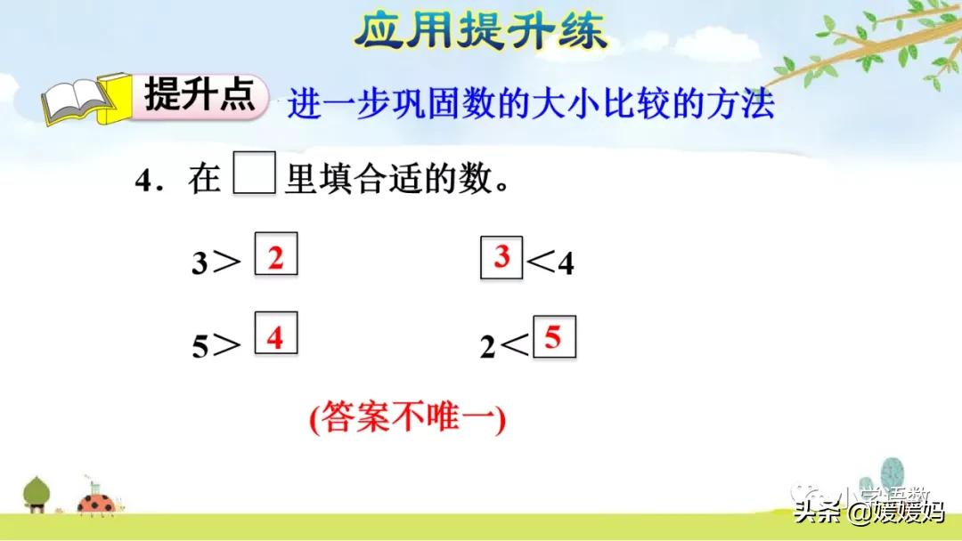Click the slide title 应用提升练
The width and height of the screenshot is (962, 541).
point(480,31)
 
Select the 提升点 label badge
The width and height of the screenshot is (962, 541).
point(200,95)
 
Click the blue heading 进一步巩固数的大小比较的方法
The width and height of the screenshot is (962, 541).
point(530,105)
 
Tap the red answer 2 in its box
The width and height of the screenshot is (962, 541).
point(276,258)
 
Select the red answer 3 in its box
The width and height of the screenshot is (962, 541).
point(501,258)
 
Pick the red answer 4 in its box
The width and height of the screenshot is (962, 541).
point(276,338)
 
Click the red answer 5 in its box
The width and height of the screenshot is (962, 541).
point(554,338)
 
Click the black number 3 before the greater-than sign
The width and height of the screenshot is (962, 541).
point(200,264)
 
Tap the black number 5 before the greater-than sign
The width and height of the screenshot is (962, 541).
point(200,346)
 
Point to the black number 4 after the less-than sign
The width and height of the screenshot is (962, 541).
point(567,264)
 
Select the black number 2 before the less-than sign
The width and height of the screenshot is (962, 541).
point(488,347)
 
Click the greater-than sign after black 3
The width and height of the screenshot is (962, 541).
point(227,263)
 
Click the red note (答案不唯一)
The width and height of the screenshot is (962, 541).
point(408,417)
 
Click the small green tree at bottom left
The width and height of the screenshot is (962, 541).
point(37,492)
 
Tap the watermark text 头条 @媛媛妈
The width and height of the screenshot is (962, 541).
point(868,513)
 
